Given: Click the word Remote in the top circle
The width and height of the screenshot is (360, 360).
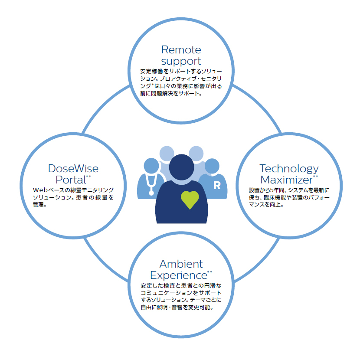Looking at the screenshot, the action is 181,49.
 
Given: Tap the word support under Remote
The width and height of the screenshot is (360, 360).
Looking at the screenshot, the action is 181,61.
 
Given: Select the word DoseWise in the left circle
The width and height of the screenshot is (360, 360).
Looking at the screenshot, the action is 73,169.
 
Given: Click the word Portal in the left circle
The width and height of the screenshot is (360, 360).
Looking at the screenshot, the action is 71,180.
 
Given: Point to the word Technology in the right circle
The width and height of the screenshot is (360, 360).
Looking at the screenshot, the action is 289,169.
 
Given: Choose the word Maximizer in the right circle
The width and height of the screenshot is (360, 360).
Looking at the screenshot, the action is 287,180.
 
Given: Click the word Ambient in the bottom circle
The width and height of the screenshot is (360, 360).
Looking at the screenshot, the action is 181,264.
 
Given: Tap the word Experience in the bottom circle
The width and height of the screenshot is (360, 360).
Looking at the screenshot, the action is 179,275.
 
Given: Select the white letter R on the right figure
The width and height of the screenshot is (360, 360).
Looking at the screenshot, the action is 217,185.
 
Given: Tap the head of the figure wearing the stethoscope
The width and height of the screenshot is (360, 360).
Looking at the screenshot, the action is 151,166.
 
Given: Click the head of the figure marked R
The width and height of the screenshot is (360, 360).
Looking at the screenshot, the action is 212,166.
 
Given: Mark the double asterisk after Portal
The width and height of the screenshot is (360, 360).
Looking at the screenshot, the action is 88,177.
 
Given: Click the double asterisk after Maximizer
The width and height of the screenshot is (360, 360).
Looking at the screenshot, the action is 315,177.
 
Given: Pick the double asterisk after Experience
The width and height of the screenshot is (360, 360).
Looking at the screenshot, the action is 209,272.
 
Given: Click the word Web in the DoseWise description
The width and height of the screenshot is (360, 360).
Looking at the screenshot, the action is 40,190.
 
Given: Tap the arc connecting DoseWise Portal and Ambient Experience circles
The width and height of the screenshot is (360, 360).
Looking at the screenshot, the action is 103,262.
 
